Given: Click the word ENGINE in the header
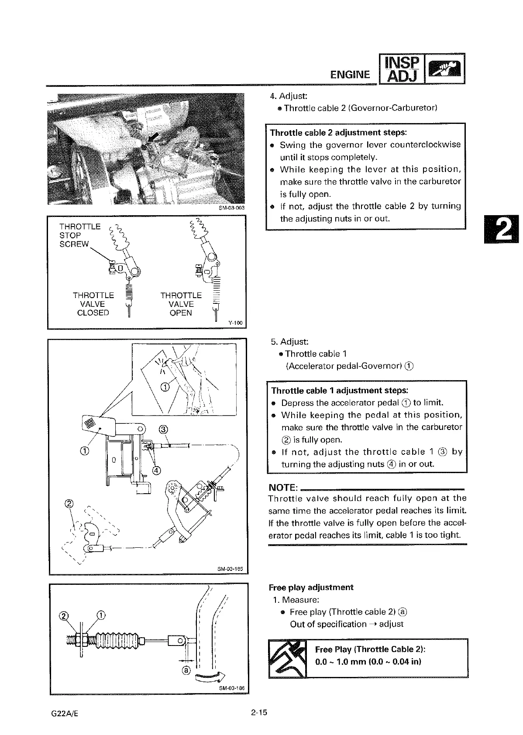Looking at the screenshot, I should (350, 75).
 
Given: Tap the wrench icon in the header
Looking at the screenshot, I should (444, 69).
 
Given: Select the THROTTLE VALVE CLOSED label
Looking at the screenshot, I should (93, 304).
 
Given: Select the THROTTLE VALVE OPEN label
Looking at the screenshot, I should (181, 304).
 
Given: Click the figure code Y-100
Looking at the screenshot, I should (235, 323).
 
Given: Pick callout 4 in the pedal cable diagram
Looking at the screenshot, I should (157, 470).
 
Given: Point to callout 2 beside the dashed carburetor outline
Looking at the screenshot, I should (68, 503).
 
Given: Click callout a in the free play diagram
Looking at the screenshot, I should (186, 670).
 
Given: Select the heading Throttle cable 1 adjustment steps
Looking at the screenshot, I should (340, 390).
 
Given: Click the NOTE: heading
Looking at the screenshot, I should (283, 487).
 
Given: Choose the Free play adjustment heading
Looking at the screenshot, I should (311, 587).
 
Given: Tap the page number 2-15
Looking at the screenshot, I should (258, 713).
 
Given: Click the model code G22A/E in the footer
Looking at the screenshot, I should (65, 714).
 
